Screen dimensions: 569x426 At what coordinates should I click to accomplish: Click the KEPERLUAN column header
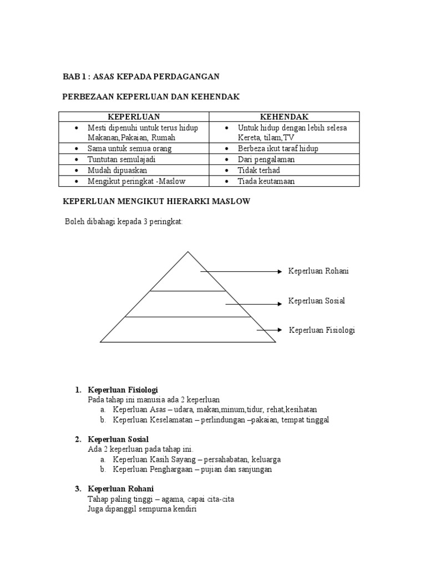pos(134,117)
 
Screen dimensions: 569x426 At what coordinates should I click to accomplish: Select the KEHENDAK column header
pos(284,117)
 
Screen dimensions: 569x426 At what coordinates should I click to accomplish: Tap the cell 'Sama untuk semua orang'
pos(129,148)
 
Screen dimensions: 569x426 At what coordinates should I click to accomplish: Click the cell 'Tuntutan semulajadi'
pos(124,159)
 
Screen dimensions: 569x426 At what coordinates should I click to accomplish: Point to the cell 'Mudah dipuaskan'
pos(117,170)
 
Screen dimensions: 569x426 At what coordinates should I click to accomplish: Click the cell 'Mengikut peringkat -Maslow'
pos(136,181)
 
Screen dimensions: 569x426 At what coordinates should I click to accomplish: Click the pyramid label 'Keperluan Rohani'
pos(318,271)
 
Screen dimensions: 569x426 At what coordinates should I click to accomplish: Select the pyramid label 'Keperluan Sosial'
pos(316,301)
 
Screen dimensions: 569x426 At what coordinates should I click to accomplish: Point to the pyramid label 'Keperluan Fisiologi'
pos(322,330)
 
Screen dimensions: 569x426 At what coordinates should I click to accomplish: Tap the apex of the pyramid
pos(188,253)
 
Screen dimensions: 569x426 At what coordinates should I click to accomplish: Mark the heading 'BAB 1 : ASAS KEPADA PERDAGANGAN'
pos(140,76)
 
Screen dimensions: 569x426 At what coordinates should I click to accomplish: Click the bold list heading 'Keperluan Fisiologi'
pos(123,390)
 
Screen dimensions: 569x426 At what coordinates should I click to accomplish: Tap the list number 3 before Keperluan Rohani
pos(77,489)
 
